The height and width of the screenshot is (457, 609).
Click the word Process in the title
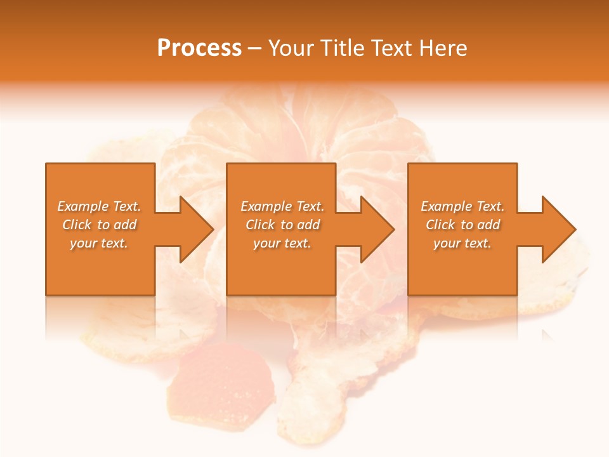199,48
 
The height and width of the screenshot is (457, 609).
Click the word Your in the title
291,48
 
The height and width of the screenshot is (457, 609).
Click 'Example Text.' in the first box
99,206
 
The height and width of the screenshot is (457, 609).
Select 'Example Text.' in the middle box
282,206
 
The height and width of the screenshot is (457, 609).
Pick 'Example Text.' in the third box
462,206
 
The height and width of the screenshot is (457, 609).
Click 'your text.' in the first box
99,243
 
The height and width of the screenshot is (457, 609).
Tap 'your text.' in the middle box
282,243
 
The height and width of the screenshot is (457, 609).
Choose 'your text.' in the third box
462,243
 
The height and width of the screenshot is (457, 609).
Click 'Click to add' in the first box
99,225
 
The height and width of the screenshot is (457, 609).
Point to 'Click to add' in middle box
282,225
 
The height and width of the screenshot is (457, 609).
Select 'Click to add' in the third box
462,225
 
